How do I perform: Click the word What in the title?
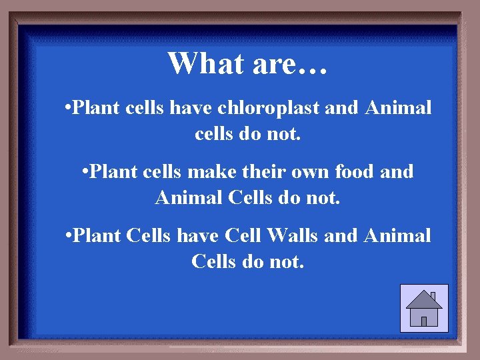pyautogui.click(x=203, y=64)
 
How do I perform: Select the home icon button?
pyautogui.click(x=424, y=308)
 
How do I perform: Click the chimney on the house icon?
pyautogui.click(x=433, y=296)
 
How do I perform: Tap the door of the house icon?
pyautogui.click(x=424, y=321)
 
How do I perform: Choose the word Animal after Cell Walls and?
pyautogui.click(x=397, y=235)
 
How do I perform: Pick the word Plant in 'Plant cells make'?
pyautogui.click(x=110, y=171)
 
